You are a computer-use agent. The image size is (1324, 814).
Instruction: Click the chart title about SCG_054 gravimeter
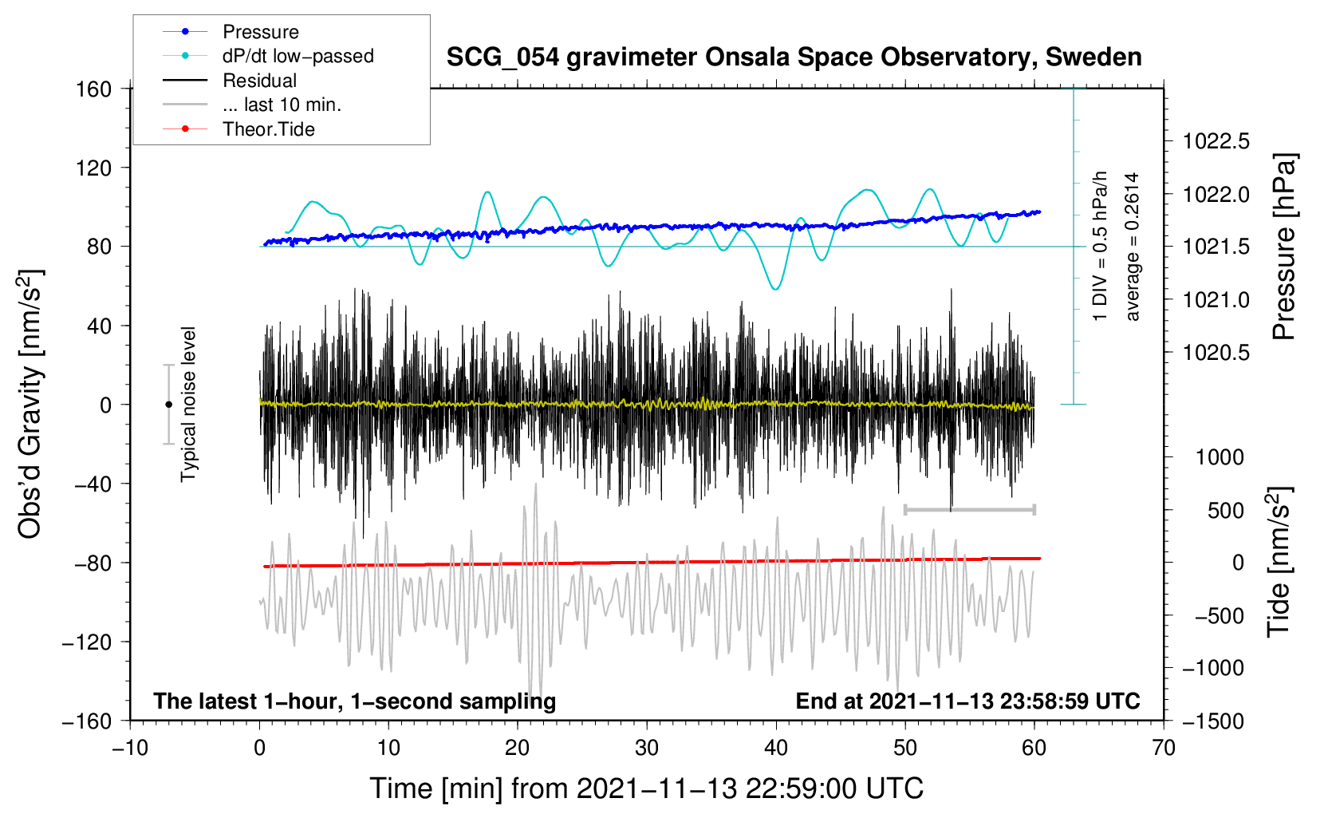point(794,57)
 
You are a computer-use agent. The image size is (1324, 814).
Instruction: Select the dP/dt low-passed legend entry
point(298,56)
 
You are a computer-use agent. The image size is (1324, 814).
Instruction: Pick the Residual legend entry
point(259,81)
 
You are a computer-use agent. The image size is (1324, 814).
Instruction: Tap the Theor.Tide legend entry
point(268,129)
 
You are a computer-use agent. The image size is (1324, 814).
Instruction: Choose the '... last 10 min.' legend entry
point(282,105)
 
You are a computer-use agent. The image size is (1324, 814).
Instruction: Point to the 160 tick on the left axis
point(94,89)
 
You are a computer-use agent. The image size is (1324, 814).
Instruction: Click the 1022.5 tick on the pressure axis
point(1216,142)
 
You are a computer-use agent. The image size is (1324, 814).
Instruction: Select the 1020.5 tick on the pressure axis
point(1216,353)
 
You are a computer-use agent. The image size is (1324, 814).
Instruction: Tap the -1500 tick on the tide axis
point(1213,721)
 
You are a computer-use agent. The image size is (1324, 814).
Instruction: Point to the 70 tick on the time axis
point(1164,749)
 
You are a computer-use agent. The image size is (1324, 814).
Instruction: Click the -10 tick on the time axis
point(130,749)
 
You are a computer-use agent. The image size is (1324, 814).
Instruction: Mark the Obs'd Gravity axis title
point(30,405)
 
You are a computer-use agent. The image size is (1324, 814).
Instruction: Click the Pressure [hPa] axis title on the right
point(1283,247)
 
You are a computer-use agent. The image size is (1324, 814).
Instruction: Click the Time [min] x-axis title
point(646,788)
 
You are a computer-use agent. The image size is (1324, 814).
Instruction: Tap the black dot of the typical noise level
point(168,405)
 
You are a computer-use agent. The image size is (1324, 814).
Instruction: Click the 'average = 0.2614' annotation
point(1133,247)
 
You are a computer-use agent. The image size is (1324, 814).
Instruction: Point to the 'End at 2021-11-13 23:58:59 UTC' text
point(967,701)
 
